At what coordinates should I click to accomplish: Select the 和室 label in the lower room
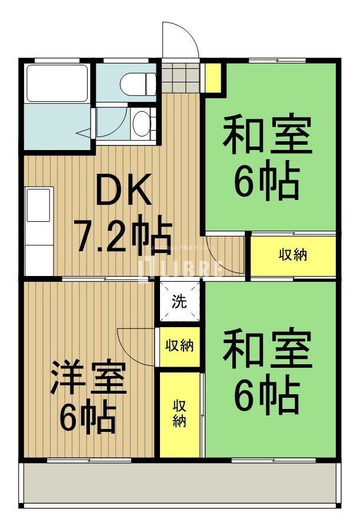tap(266, 351)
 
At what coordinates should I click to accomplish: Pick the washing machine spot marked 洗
tap(179, 302)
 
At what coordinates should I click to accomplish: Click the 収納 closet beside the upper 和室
tap(293, 255)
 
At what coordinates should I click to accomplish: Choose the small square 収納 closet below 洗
tap(179, 345)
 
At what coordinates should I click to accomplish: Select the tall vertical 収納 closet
tap(179, 414)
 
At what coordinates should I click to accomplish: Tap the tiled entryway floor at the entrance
tap(182, 76)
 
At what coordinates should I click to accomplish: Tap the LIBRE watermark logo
tap(179, 268)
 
